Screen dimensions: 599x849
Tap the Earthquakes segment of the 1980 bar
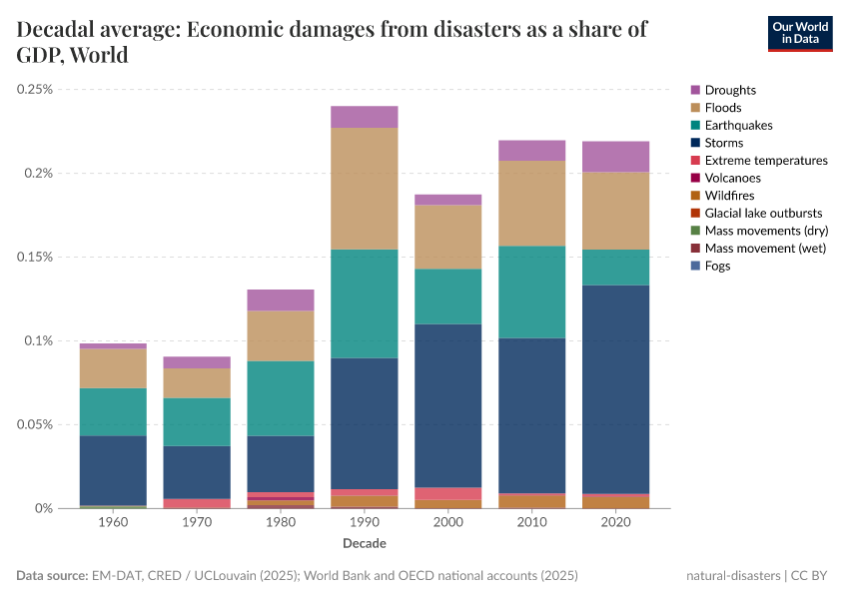point(281,398)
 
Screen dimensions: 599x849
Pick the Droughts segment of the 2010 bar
point(532,151)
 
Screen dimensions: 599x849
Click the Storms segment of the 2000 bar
point(448,405)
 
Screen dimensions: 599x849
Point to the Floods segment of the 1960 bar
point(113,368)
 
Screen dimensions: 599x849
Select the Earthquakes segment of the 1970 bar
point(197,421)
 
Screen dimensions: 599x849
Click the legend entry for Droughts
point(730,90)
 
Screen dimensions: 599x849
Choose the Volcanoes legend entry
point(732,178)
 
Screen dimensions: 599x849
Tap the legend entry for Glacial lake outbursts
point(763,213)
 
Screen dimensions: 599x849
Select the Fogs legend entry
point(717,266)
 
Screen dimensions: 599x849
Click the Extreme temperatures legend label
point(765,160)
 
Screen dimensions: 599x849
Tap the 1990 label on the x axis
point(365,523)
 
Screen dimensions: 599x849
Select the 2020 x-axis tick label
point(616,523)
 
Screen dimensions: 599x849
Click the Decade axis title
point(365,544)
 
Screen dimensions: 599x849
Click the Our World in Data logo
point(799,33)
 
